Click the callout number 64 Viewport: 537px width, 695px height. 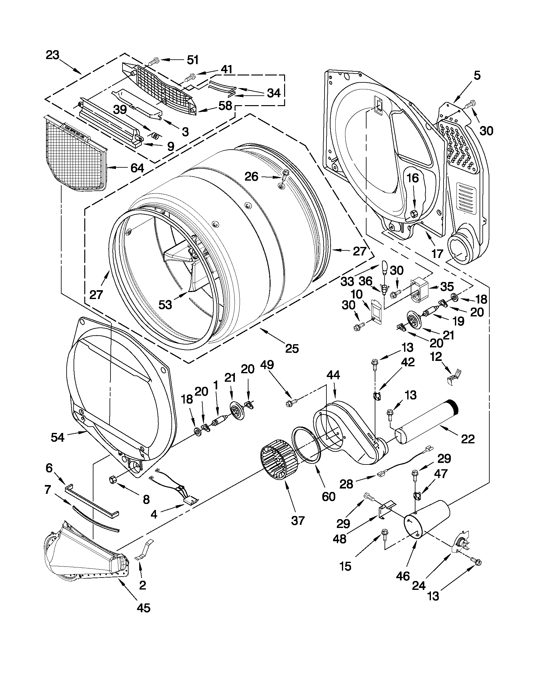tap(137, 168)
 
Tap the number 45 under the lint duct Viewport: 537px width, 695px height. tap(143, 608)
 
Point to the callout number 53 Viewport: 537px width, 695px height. tap(165, 304)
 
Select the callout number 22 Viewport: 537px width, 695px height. tap(467, 439)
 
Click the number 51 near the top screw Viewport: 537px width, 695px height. tap(193, 59)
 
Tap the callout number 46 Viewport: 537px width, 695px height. tap(403, 576)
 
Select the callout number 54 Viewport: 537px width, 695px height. tap(57, 438)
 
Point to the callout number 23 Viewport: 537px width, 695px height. tap(52, 55)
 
